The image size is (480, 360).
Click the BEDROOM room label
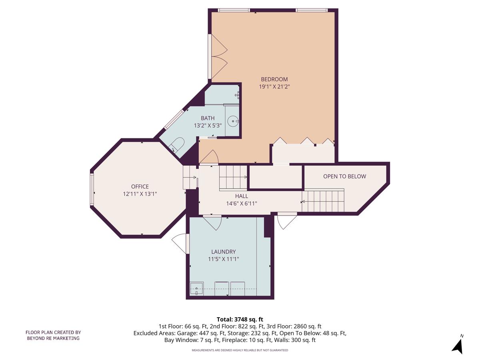274,79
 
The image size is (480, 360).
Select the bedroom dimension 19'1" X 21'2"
274,86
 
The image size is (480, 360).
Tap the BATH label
208,118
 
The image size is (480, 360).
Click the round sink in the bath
233,120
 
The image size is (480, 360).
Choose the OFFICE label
140,186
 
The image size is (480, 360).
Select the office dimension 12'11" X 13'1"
140,194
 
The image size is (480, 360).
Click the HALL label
242,196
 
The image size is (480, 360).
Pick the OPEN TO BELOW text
344,176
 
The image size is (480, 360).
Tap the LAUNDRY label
224,252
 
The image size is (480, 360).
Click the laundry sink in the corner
196,288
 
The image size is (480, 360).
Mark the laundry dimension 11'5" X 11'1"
224,259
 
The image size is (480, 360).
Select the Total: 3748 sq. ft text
240,319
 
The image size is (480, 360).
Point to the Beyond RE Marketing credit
53,335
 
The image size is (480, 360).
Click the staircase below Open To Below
323,201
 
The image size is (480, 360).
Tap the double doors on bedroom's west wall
218,56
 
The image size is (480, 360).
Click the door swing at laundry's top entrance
213,222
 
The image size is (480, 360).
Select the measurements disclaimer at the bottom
240,350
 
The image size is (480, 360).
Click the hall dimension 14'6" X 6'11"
242,203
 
